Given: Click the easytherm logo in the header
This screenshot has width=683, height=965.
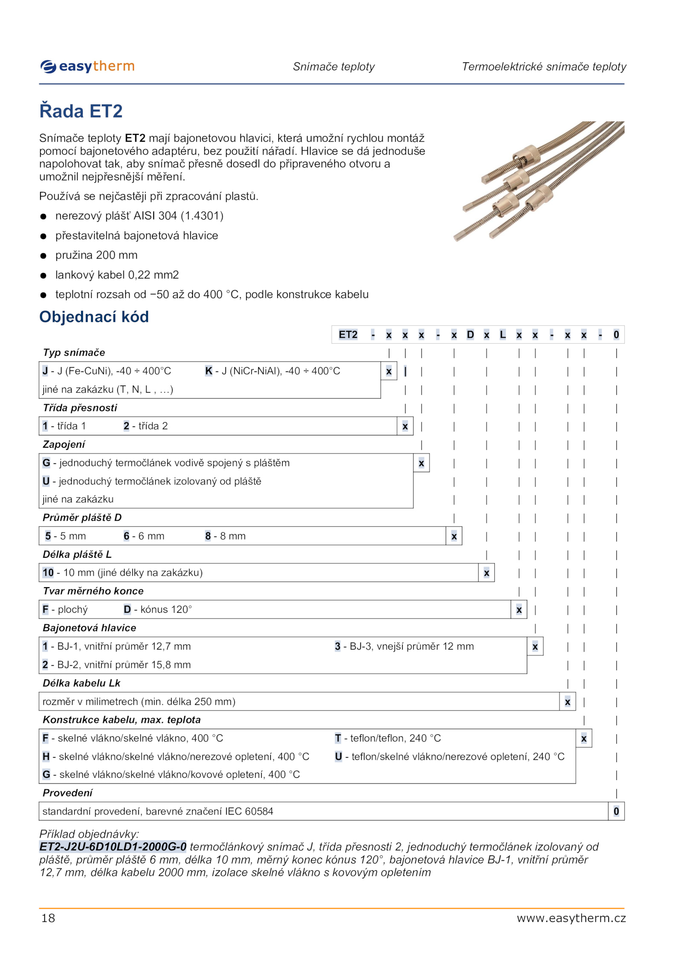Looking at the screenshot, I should tap(88, 67).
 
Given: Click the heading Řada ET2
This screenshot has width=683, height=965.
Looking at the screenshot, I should tap(81, 111).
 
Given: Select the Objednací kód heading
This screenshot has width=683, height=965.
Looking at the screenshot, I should tap(94, 317).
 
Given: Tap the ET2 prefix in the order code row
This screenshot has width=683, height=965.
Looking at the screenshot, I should tap(348, 335).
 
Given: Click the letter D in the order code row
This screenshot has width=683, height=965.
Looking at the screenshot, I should tap(470, 335).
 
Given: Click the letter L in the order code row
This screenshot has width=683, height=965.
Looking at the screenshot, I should tap(502, 335).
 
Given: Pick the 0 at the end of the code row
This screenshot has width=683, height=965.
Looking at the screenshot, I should tap(616, 335).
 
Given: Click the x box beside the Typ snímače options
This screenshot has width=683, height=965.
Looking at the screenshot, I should tap(388, 371).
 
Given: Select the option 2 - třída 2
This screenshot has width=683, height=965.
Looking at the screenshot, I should tap(146, 426).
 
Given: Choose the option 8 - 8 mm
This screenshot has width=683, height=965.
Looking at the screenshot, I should tap(225, 536).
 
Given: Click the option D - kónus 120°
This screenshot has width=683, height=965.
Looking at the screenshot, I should tap(158, 609).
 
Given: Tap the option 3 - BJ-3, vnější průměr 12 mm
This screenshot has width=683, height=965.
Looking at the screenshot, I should tap(404, 646).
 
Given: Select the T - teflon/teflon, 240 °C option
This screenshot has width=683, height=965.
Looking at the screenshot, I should tap(388, 738).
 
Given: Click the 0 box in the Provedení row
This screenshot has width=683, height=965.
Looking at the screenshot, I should tap(616, 811).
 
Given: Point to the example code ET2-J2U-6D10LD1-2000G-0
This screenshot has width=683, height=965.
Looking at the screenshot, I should tap(113, 846).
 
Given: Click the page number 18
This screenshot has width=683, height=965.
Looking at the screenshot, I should tap(48, 918).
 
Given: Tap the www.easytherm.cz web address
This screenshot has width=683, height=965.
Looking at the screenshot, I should tap(571, 918).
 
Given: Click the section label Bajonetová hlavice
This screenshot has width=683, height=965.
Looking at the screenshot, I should tap(89, 628).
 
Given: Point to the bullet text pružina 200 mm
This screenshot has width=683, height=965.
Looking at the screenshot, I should tap(96, 255).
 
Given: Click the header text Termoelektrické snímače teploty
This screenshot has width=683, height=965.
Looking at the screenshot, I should tap(544, 67).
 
